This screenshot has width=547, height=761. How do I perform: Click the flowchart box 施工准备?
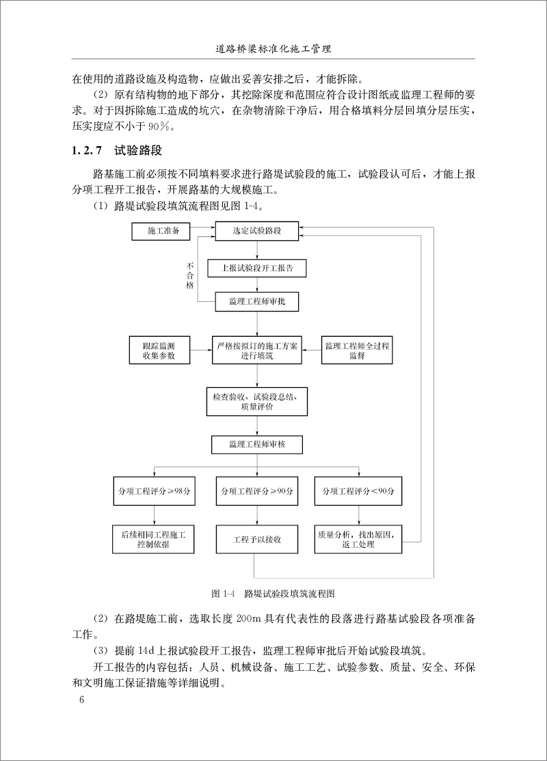[x=164, y=232]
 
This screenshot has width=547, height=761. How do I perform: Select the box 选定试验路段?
[x=257, y=232]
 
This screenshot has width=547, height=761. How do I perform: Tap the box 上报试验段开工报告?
[x=257, y=268]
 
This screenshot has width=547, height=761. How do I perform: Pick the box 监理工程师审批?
[x=257, y=301]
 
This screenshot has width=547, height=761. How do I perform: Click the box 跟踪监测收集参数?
[x=159, y=350]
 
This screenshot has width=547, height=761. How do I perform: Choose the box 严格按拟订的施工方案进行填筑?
[x=257, y=350]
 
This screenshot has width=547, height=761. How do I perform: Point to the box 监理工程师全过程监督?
[x=357, y=350]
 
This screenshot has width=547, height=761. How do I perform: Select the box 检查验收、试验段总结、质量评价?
[x=257, y=401]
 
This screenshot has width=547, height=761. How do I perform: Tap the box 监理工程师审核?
[x=257, y=444]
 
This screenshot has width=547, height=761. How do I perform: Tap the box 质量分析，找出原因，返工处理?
[x=358, y=538]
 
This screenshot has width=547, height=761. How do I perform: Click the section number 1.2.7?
[x=87, y=150]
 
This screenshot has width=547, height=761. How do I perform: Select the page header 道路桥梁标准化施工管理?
[x=273, y=50]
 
